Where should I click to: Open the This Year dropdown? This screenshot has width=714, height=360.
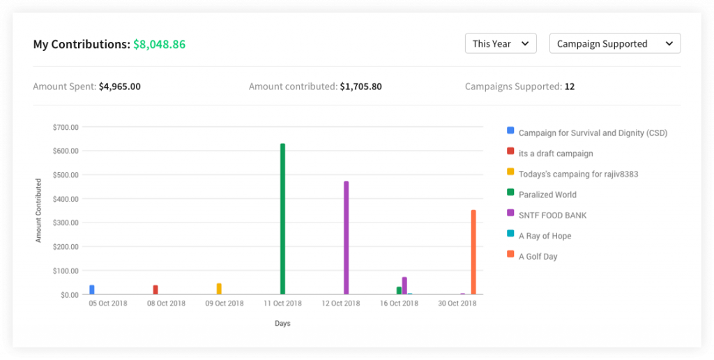point(501,43)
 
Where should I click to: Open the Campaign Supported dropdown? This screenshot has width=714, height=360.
point(615,43)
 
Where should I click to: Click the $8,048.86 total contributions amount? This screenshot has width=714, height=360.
point(159,44)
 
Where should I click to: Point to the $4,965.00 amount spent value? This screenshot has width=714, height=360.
point(119,87)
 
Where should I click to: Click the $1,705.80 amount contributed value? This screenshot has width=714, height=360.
point(360,87)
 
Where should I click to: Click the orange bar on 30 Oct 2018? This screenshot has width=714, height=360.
point(473,252)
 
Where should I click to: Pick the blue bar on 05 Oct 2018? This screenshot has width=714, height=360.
point(92,290)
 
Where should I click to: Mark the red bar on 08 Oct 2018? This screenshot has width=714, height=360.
point(155,290)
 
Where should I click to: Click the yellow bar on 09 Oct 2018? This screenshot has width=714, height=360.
point(219,289)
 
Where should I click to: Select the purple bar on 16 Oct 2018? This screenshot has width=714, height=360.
point(404,285)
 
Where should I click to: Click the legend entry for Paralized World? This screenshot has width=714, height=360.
point(547,195)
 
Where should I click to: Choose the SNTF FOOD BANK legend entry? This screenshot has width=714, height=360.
point(552,215)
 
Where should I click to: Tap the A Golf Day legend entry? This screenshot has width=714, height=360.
point(538,256)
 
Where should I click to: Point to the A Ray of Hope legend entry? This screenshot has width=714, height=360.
point(545,236)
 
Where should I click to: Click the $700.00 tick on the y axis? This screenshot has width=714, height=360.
point(66,127)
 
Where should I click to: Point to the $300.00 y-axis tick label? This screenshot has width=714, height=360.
point(66,223)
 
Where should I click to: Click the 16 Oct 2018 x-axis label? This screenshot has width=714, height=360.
point(399,303)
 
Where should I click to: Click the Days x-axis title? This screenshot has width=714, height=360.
point(282,324)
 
